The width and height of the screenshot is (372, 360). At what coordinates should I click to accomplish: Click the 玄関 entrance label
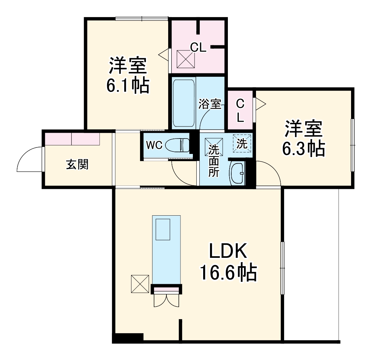coord(77,164)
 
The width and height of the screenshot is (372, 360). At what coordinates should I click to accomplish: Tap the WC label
coord(154,145)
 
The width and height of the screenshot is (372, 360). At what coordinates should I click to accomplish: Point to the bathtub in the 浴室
coord(184,103)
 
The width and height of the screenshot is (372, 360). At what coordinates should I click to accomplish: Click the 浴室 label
coord(210,104)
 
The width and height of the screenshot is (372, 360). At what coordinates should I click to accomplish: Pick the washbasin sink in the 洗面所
coord(237,173)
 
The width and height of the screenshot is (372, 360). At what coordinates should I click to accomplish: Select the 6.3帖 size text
coord(304,148)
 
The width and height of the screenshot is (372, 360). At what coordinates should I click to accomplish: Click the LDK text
coord(228,251)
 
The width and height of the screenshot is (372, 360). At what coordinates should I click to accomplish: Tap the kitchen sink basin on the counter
coord(163,229)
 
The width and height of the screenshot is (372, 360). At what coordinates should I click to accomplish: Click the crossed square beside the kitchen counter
coord(140,284)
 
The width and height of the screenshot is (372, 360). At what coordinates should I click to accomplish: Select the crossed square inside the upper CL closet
coord(186,59)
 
